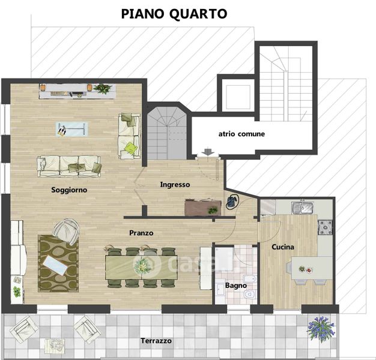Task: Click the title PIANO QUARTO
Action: point(174,14)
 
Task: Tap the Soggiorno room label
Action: point(69,190)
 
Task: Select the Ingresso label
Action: point(175,185)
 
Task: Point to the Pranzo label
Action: point(141,233)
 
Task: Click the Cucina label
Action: point(283,247)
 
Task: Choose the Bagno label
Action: point(236,286)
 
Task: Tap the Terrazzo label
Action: point(156,341)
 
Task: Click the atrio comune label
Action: point(241,134)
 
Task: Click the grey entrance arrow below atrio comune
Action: point(208,152)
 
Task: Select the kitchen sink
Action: point(302,208)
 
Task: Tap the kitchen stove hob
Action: point(325,227)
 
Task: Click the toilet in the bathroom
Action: point(250,295)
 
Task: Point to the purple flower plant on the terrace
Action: point(321,328)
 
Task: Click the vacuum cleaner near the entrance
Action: point(232,202)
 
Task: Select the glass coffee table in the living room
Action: point(71,130)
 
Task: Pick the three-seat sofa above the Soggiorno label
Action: point(69,166)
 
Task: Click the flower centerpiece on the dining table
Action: point(143,266)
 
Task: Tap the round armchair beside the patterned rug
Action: point(66,232)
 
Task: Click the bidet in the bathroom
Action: point(250,279)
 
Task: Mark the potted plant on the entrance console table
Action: point(213,210)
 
